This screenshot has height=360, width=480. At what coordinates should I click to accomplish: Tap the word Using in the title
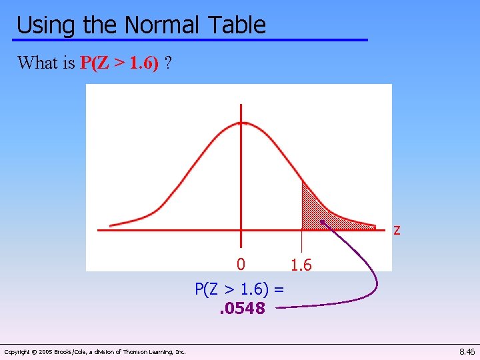[x=46, y=25]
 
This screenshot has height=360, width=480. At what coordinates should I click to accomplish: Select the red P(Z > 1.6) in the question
[x=119, y=63]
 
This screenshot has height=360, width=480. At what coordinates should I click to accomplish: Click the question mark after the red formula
[x=169, y=63]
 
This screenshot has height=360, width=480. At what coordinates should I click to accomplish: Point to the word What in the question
[x=37, y=63]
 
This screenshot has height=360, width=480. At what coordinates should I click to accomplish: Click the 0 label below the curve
[x=241, y=265]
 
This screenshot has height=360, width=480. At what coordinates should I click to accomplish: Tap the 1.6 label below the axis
[x=301, y=265]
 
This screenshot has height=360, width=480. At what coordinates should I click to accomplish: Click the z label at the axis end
[x=397, y=231]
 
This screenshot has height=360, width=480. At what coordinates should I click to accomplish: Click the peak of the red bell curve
[x=241, y=123]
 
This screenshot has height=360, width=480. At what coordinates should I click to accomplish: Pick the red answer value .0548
[x=243, y=308]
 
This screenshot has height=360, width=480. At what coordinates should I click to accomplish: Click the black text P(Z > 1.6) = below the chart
[x=239, y=289]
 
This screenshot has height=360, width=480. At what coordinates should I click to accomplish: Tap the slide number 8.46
[x=467, y=351]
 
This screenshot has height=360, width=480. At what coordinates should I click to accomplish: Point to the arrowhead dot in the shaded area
[x=321, y=222]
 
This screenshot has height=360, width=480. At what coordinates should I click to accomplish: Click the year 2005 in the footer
[x=47, y=351]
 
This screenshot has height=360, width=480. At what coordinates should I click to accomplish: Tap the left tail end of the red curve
[x=111, y=225]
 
